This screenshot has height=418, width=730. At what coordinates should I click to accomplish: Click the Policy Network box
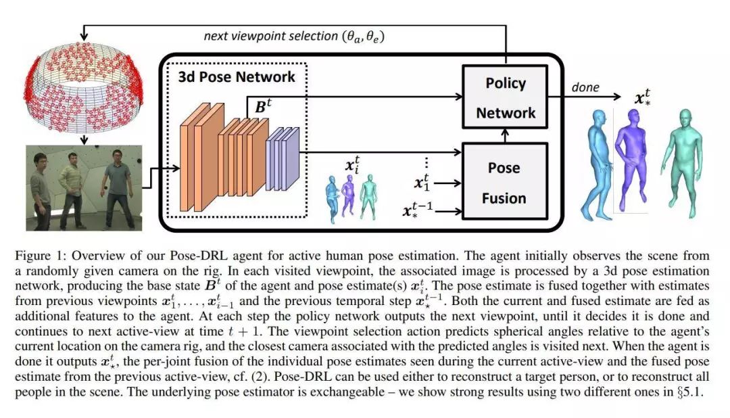click(505, 97)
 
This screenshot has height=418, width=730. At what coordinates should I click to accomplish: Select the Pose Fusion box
click(504, 181)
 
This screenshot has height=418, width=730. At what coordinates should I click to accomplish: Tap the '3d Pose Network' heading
click(237, 76)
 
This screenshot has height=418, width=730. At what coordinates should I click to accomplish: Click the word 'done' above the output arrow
click(585, 87)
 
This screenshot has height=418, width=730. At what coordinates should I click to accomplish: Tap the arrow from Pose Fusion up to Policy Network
click(505, 134)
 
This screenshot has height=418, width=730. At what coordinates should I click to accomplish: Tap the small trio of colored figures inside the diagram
click(350, 196)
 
